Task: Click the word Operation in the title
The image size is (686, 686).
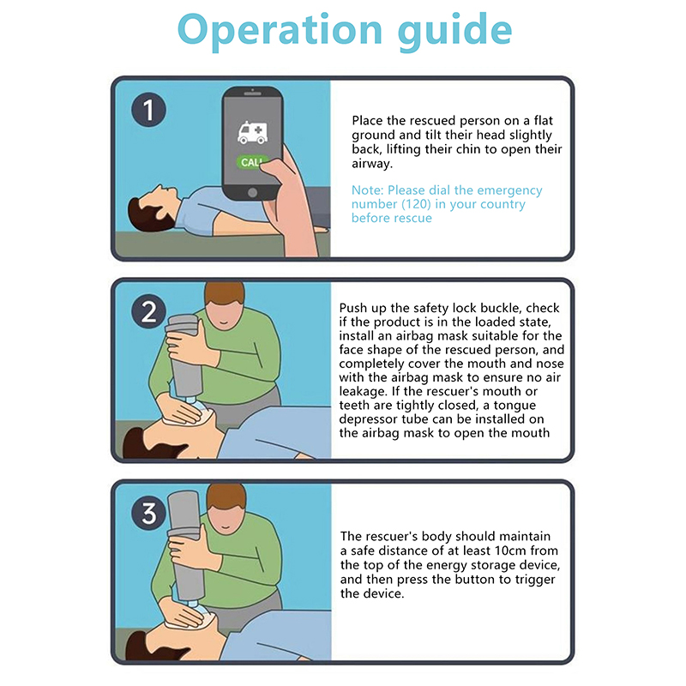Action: point(280,30)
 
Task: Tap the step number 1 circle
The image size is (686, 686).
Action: point(148,110)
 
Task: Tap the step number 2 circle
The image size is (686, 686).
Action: point(148,311)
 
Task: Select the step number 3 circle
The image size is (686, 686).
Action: point(148,513)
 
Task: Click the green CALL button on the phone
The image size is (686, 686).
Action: point(251,162)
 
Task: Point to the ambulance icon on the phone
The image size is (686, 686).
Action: point(252,133)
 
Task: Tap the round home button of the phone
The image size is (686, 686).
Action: point(252,192)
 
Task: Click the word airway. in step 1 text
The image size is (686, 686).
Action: point(372,164)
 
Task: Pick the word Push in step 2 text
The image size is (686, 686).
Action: point(353,308)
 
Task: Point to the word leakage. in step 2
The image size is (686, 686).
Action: point(364,392)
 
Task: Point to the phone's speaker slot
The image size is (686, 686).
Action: point(252,93)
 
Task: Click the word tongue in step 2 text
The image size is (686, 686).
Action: point(514,406)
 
